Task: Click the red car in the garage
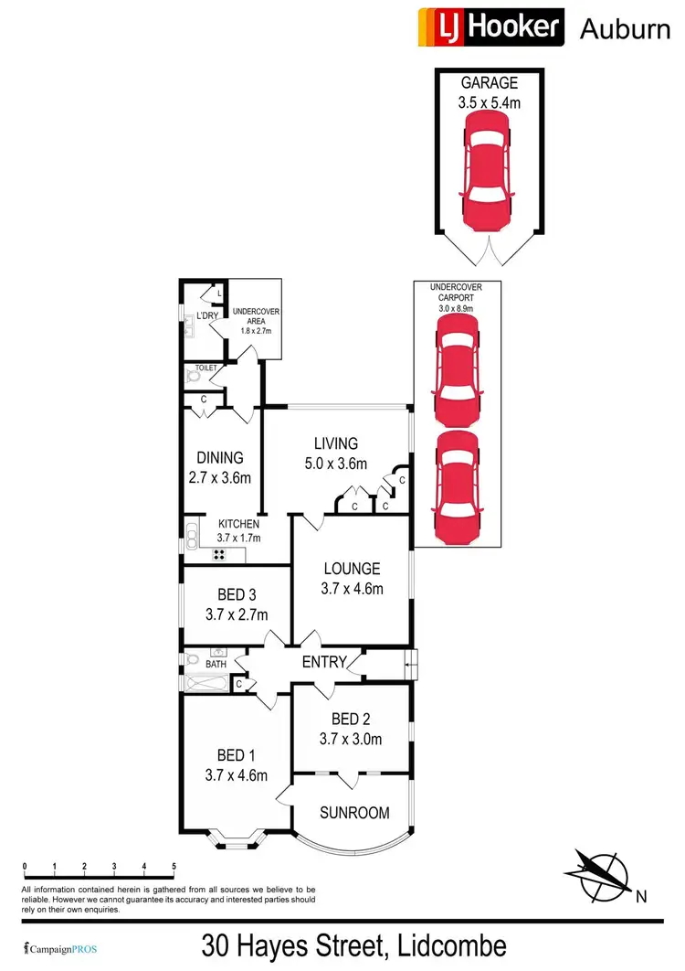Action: click(489, 172)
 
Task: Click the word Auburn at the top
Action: click(625, 28)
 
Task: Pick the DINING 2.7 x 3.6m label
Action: click(219, 467)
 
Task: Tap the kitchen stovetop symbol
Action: click(220, 553)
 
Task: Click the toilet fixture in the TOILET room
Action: click(193, 375)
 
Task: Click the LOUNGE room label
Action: click(351, 579)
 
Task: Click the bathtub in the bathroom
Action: click(205, 682)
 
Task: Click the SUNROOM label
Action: click(354, 812)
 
